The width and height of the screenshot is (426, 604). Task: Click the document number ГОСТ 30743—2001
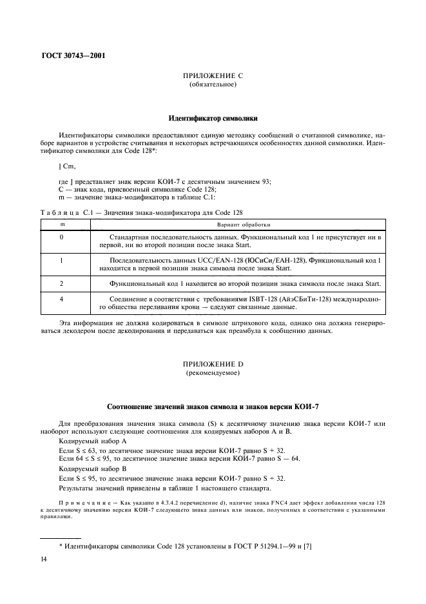pos(73,55)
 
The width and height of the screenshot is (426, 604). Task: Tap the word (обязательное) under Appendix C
pos(213,85)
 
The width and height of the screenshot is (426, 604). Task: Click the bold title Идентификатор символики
pos(213,119)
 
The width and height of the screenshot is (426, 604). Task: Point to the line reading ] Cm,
pos(66,166)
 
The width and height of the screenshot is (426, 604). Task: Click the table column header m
pos(62,225)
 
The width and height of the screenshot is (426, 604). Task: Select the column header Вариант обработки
pos(238,225)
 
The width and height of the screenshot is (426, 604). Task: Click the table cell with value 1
pos(62,260)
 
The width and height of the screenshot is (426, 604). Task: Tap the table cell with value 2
pos(62,284)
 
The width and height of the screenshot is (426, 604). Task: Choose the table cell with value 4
pos(62,299)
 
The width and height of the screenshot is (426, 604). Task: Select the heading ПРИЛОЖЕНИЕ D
pos(213,365)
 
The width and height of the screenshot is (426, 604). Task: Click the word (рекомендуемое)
pos(213,373)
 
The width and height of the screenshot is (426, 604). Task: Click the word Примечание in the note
pos(84,503)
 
